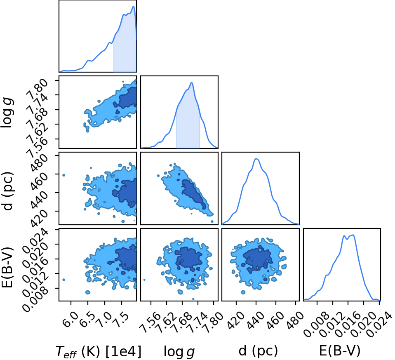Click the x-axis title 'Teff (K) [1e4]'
pos(99,351)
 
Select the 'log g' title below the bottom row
pos(179,351)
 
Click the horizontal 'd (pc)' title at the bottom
pos(258,351)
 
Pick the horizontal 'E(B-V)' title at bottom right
pos(340,351)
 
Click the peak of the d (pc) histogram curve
pos(256,159)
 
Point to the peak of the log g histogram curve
pos(192,82)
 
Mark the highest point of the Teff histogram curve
pos(134,6)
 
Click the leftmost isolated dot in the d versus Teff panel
pos(64,175)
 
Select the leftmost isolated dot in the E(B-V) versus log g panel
pos(144,280)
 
